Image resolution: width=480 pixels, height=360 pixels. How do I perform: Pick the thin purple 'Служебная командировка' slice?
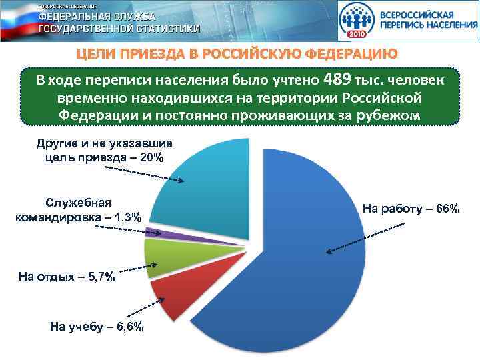155,232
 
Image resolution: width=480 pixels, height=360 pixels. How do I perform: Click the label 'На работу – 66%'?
411,209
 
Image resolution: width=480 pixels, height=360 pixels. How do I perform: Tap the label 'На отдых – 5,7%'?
67,277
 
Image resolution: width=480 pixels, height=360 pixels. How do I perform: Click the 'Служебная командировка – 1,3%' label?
79,210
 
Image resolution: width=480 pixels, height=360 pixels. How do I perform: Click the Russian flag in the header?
16,20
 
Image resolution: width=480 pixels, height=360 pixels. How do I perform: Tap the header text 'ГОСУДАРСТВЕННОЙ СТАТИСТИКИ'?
119,29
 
